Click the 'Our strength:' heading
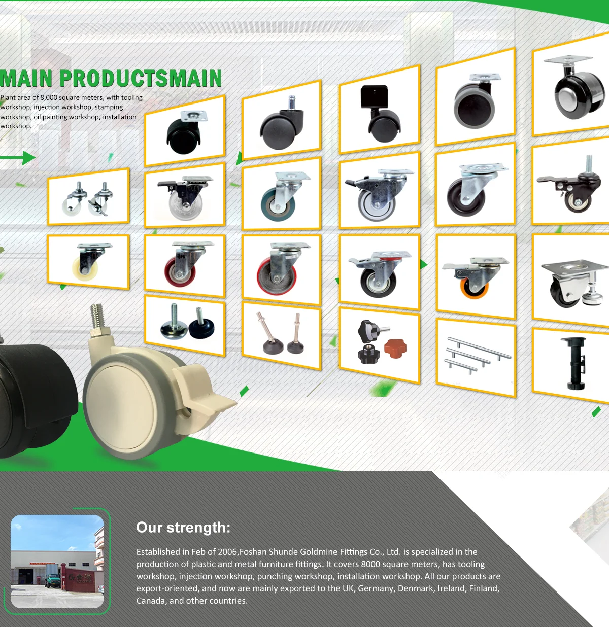pyautogui.click(x=183, y=528)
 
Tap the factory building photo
pyautogui.click(x=57, y=562)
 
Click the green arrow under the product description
pyautogui.click(x=18, y=158)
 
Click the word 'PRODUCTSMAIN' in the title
pyautogui.click(x=141, y=79)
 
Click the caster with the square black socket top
pyautogui.click(x=380, y=113)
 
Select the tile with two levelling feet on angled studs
pyautogui.click(x=282, y=334)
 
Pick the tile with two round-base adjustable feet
pyautogui.click(x=185, y=325)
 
